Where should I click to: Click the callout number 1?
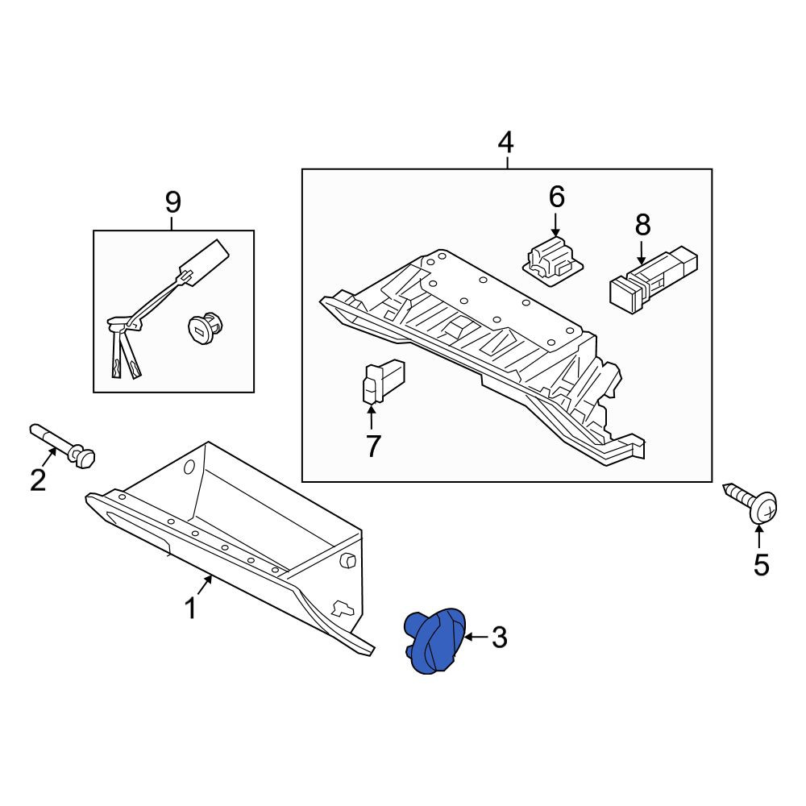click(x=191, y=608)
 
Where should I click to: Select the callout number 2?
click(x=38, y=480)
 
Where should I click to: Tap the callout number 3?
click(x=499, y=638)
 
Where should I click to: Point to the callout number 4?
click(x=506, y=143)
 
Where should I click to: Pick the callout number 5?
click(x=762, y=565)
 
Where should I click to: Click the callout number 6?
click(x=557, y=197)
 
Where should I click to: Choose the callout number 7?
click(x=373, y=446)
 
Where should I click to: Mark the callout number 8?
click(x=642, y=225)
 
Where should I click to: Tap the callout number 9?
click(x=173, y=202)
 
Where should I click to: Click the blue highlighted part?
click(x=435, y=641)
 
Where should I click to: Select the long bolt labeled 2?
click(x=63, y=446)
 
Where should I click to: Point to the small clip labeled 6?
click(x=552, y=260)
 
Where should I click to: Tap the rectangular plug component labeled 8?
click(x=653, y=279)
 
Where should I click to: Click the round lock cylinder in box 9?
click(x=204, y=327)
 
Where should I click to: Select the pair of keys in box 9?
click(x=124, y=347)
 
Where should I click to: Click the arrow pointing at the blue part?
click(x=476, y=638)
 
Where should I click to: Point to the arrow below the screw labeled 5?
click(x=758, y=537)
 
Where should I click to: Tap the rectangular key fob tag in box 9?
click(x=204, y=261)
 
